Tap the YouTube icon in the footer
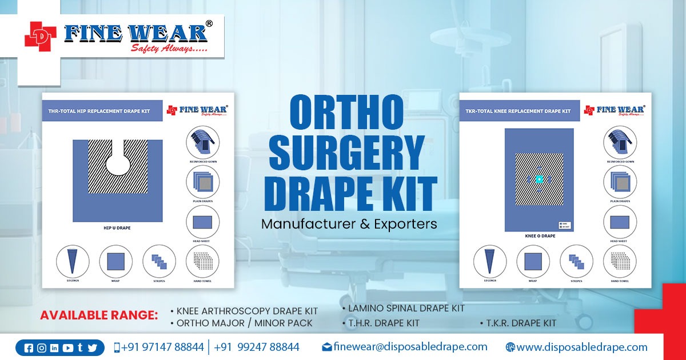point(67,348)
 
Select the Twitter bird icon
point(93,348)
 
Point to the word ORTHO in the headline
point(347,111)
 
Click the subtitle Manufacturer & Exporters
point(349,224)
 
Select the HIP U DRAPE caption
point(117,228)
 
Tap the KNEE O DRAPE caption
point(540,235)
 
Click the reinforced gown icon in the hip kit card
point(202,142)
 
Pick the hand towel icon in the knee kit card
point(620,262)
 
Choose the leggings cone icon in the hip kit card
point(73,261)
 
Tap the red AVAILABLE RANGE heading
point(98,315)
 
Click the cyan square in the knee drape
point(539,179)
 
